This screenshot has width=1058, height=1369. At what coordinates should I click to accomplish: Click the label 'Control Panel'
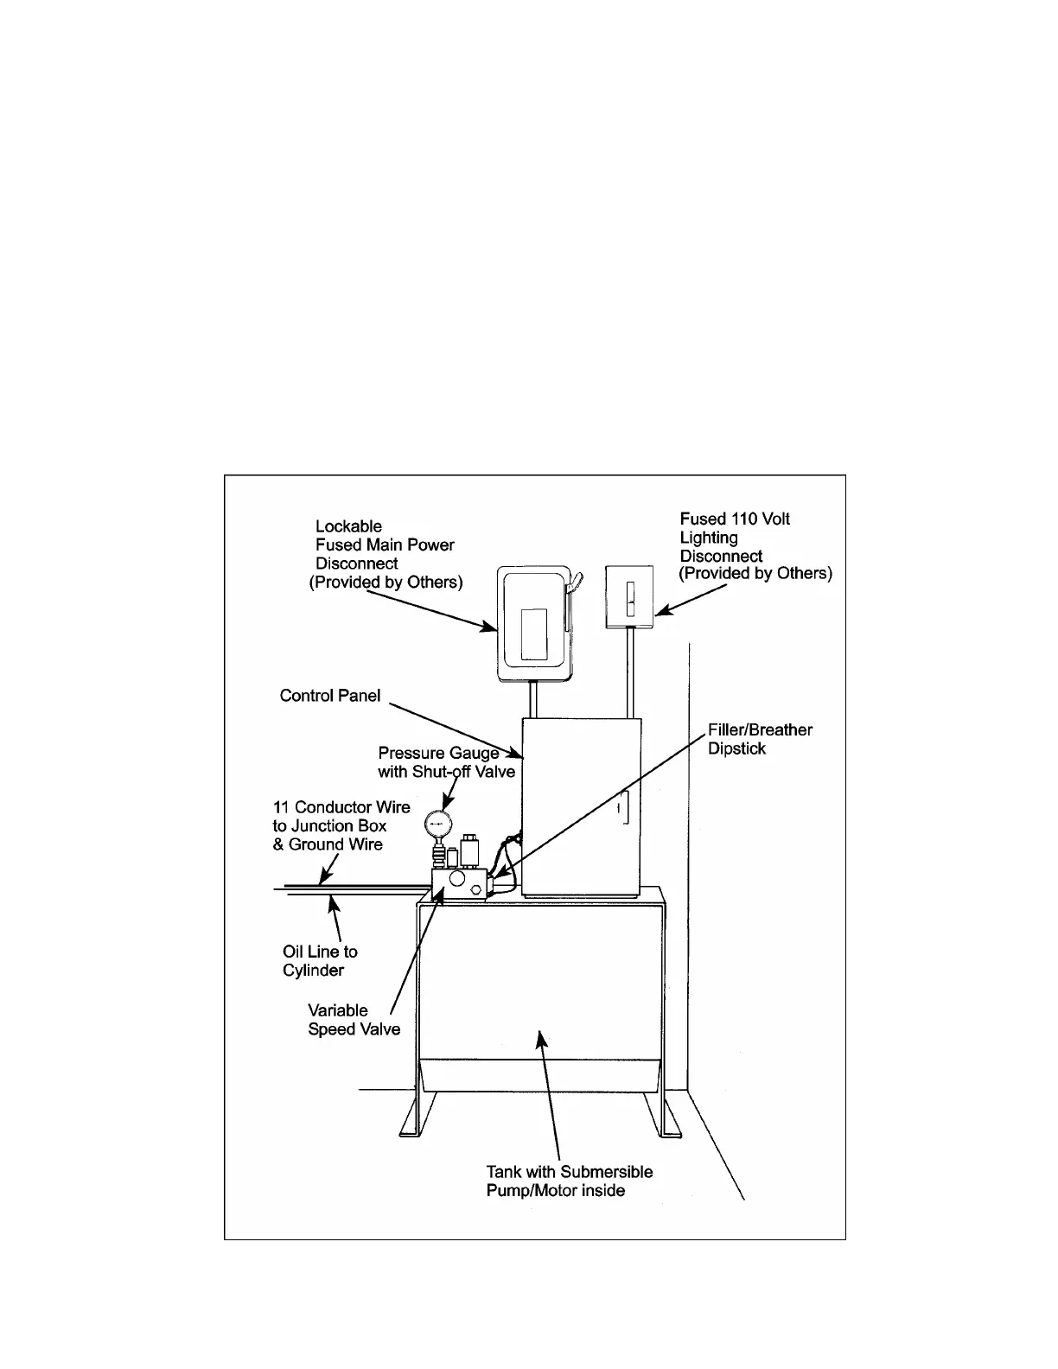click(x=330, y=696)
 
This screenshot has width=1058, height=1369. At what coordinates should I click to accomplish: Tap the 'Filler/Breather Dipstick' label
click(x=760, y=739)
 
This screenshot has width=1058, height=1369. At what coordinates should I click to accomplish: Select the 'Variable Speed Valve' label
click(x=354, y=1020)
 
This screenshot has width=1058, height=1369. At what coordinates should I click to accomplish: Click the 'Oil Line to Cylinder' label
click(x=320, y=961)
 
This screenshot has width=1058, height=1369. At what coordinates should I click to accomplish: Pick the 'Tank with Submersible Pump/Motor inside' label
click(x=569, y=1181)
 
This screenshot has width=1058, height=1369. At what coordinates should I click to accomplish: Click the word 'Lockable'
click(x=348, y=526)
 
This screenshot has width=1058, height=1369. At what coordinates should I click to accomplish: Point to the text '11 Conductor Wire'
click(x=341, y=807)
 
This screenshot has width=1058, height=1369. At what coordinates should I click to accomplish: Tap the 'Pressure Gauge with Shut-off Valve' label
click(x=446, y=762)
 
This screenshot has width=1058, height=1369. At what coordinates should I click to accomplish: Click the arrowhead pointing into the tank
click(x=540, y=1037)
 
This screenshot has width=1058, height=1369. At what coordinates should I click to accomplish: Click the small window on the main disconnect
click(x=533, y=634)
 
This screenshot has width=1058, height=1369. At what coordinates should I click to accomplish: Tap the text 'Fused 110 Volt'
click(x=735, y=519)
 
